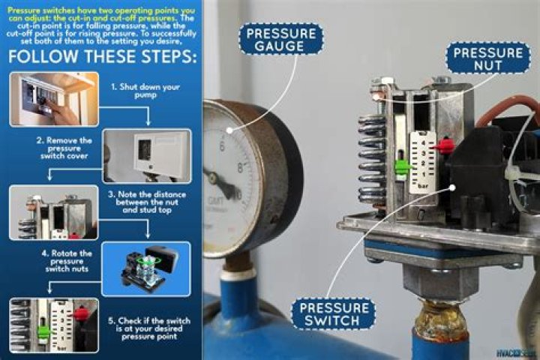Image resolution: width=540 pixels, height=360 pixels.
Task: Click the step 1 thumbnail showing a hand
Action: coord(53,99)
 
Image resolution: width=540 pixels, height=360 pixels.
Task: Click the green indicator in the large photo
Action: coord(401,166)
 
